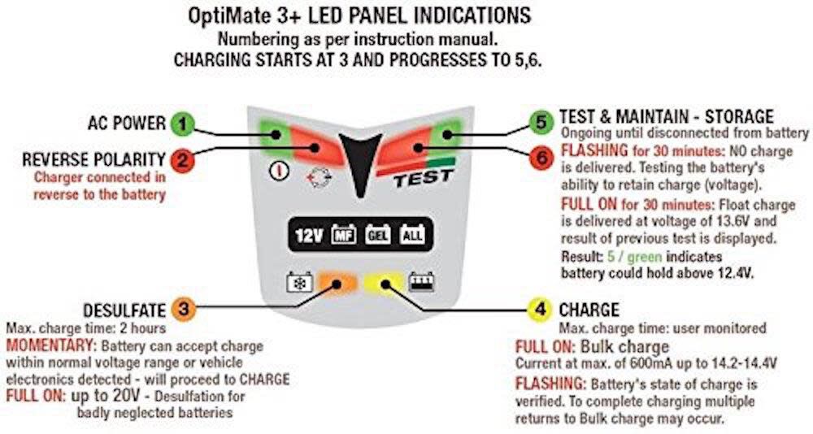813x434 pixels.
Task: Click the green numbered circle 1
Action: coord(183,124)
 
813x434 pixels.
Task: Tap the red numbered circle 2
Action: coord(183,159)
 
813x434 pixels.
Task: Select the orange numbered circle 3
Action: coord(184,309)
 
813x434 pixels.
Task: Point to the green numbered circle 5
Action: coord(540,123)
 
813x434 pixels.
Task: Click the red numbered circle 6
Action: coord(540,159)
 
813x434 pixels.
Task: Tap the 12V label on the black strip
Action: coord(309,236)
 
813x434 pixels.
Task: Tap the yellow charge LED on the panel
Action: coord(380,284)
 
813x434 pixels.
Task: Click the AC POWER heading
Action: coord(126,124)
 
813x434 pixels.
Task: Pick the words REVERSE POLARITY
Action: coord(94,159)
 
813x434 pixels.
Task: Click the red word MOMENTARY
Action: coord(46,346)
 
